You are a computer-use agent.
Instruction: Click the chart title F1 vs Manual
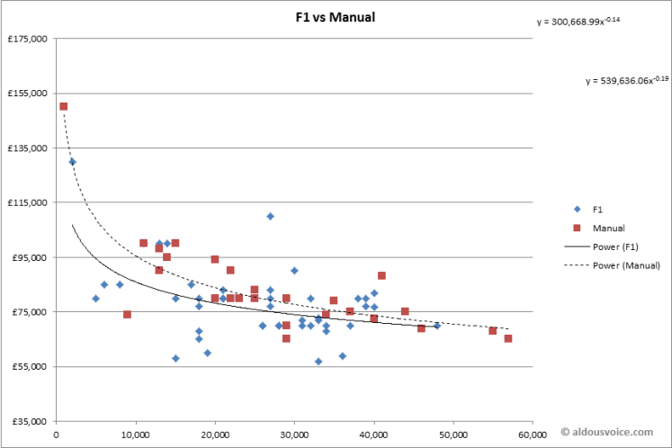pyautogui.click(x=336, y=17)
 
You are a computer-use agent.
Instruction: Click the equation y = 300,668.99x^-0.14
pyautogui.click(x=578, y=22)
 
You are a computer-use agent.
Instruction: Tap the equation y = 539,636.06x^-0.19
pyautogui.click(x=627, y=80)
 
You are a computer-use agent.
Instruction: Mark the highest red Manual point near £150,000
pyautogui.click(x=64, y=106)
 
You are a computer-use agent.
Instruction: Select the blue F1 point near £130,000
pyautogui.click(x=72, y=162)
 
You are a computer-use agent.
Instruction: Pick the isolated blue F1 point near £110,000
pyautogui.click(x=270, y=216)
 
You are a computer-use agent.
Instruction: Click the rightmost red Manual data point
pyautogui.click(x=508, y=338)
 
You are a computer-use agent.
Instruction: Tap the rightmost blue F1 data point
pyautogui.click(x=437, y=326)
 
